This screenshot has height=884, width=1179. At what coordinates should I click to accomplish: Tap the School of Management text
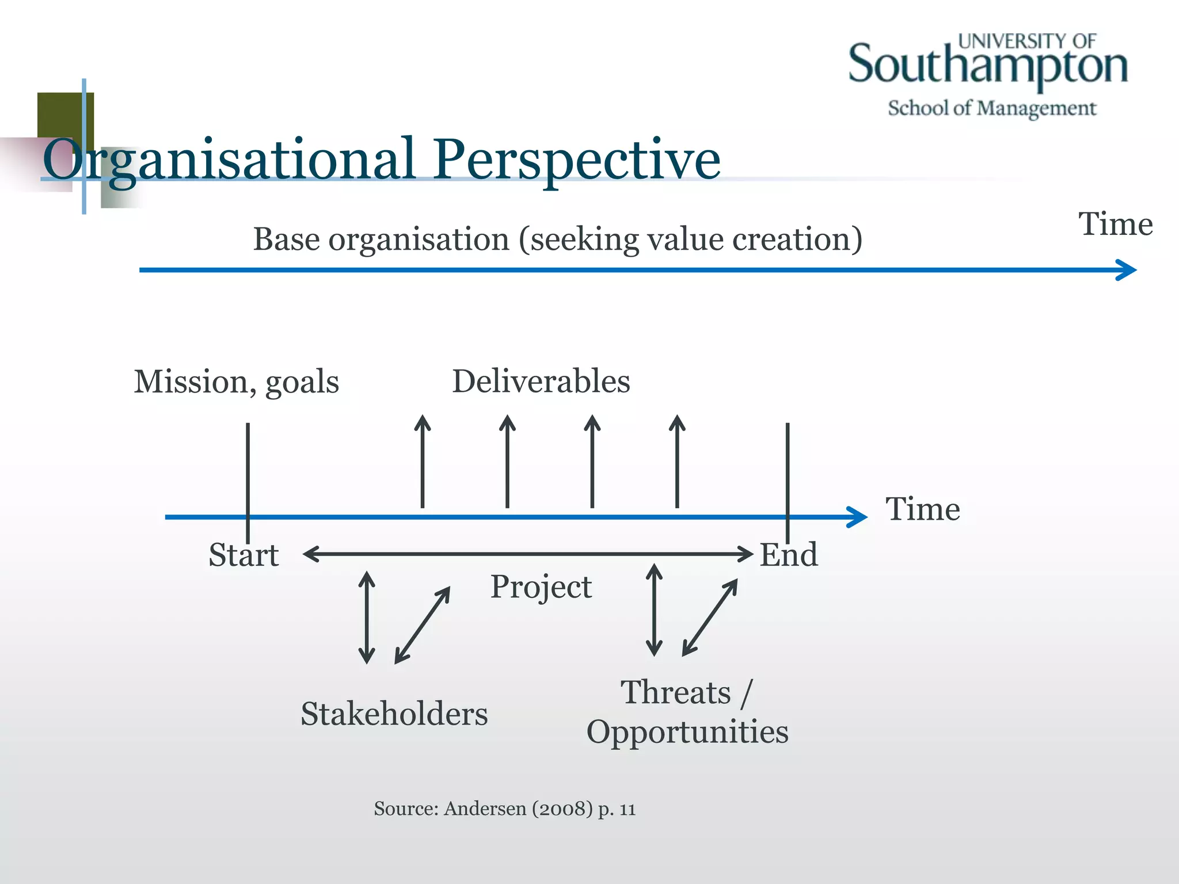991,108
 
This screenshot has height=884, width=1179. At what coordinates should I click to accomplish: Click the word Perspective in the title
576,159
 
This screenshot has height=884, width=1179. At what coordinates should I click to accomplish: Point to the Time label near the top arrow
1115,224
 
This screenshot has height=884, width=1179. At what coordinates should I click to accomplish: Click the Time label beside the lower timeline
922,509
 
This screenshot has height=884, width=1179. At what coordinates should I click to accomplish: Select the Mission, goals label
236,382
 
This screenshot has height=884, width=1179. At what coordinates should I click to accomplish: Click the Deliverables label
541,381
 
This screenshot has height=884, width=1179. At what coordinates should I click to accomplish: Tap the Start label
244,555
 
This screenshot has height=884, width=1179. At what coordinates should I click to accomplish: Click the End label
788,555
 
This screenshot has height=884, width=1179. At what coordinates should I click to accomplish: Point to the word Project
541,587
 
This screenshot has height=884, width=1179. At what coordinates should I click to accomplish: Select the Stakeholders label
394,714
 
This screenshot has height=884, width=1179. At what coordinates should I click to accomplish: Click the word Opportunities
687,732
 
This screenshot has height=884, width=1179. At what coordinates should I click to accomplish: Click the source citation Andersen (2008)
518,809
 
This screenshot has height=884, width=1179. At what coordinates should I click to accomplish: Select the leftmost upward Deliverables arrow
423,460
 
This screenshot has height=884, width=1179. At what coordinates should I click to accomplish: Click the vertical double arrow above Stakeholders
367,617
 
